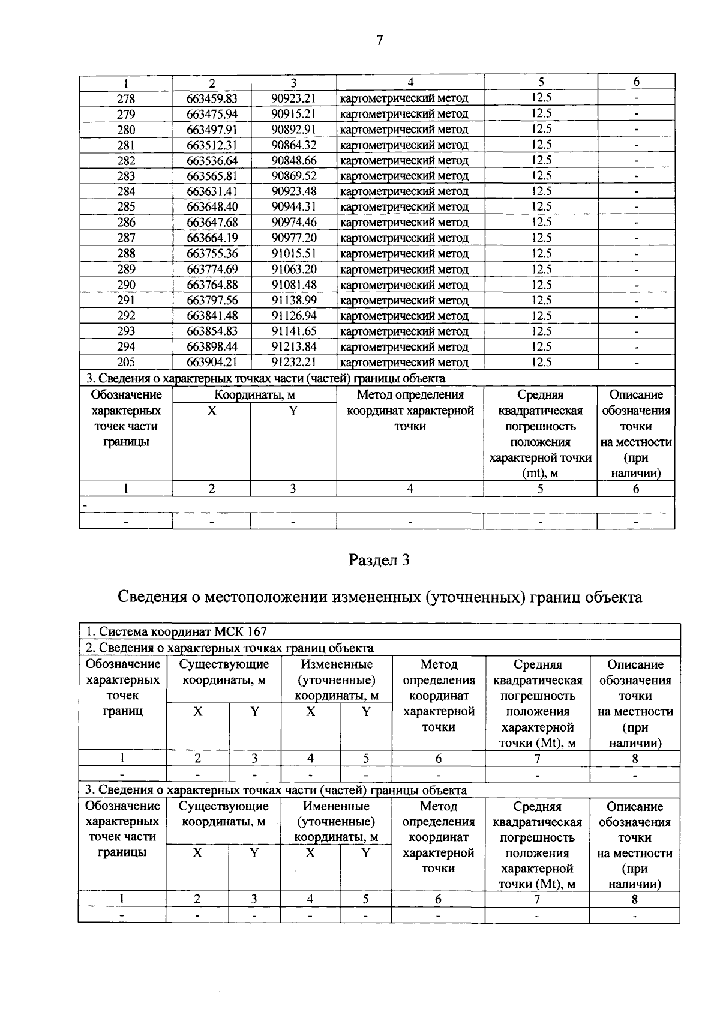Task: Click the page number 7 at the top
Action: [x=379, y=40]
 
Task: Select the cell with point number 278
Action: [x=126, y=98]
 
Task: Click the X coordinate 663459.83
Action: [x=212, y=98]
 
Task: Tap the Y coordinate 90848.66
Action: [x=293, y=160]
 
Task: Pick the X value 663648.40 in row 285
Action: [x=212, y=207]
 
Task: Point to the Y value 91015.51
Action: [x=293, y=253]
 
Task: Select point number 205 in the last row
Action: [x=126, y=362]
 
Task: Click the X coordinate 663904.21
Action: [x=212, y=362]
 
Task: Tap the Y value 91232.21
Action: [x=293, y=362]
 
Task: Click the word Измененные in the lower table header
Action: [x=337, y=664]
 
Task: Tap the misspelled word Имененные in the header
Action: [x=336, y=806]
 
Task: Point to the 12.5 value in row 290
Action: [x=541, y=285]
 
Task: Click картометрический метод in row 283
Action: [x=404, y=176]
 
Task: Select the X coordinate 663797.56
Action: [x=212, y=300]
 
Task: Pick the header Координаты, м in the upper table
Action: [x=254, y=395]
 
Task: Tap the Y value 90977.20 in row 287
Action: [x=293, y=238]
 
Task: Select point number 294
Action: [x=126, y=346]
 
